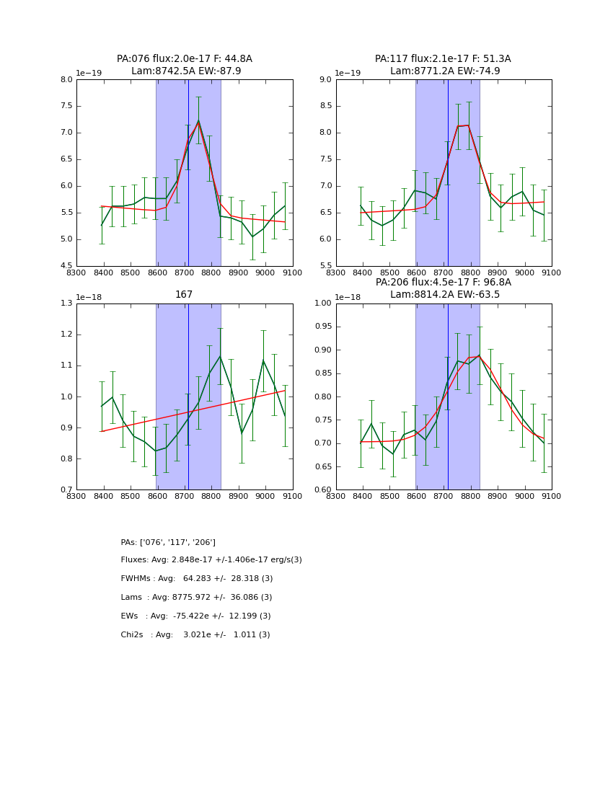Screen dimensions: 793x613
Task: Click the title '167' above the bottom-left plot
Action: tap(184, 294)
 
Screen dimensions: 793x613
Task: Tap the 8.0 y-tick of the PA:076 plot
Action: tap(66, 80)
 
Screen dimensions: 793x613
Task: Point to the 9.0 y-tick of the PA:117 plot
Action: tap(325, 80)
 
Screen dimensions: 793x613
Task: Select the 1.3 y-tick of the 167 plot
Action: tap(66, 304)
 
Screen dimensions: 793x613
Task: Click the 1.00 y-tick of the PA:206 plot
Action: tap(323, 304)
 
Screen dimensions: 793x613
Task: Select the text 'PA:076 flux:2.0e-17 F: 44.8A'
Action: tap(185, 59)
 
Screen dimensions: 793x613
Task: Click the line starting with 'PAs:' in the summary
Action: tap(168, 542)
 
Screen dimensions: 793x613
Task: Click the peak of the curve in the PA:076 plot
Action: tap(198, 121)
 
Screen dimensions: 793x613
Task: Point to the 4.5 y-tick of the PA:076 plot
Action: tap(66, 266)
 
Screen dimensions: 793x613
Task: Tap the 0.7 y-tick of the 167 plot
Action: tap(66, 490)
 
